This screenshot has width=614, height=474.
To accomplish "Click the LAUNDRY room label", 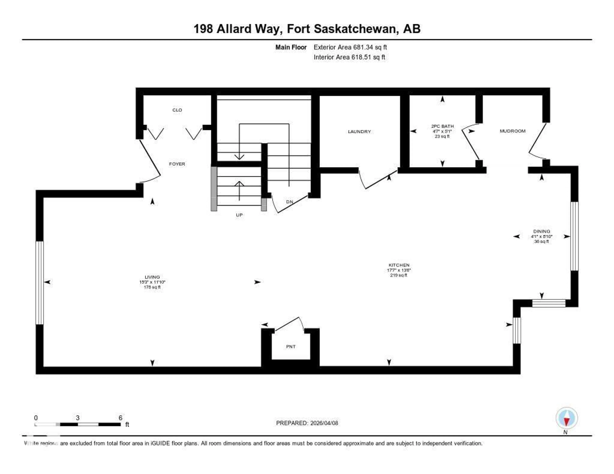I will point(359,132).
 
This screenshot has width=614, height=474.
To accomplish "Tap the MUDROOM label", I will point(512,131).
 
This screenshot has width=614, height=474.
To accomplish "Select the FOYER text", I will point(177,164).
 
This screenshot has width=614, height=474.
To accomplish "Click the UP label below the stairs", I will point(239,215).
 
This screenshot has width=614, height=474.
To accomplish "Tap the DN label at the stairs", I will point(289,202).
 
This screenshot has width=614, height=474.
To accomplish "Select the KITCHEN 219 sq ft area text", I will point(398,275).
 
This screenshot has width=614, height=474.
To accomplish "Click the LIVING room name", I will point(152,277).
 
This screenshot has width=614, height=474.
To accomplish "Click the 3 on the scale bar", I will point(78,418).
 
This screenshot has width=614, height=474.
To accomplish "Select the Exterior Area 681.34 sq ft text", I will point(350,47).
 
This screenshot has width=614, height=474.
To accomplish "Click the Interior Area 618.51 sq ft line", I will point(349,57).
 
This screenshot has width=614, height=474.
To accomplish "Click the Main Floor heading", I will point(291,47).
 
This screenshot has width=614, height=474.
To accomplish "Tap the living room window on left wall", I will point(40,283).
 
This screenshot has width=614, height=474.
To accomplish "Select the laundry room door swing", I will point(377,180).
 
